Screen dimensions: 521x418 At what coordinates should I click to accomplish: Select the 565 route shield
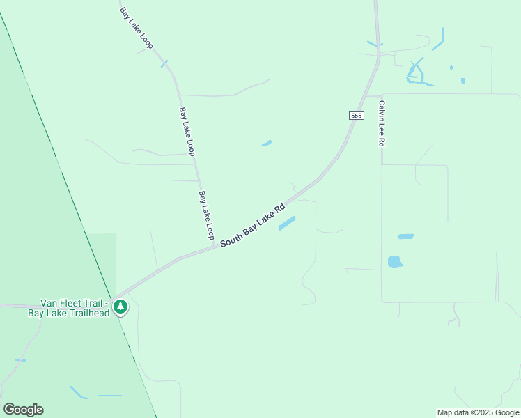point(356,116)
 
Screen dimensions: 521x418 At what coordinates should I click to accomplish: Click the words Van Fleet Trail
point(73,303)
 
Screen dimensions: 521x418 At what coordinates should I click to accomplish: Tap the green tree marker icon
point(120,307)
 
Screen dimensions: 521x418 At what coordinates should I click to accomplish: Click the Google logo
point(23,410)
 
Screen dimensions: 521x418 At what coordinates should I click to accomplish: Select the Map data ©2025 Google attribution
point(478,412)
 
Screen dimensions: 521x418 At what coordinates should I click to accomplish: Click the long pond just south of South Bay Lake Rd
point(287,224)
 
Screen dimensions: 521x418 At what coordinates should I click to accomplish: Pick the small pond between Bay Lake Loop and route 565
point(267,144)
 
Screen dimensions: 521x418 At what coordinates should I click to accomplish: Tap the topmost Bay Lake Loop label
point(137,28)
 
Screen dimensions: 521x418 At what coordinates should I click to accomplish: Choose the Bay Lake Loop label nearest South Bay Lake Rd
point(206,215)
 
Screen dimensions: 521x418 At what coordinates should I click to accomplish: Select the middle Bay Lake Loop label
point(187,131)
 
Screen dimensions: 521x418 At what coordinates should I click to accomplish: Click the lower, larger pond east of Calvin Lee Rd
point(395,262)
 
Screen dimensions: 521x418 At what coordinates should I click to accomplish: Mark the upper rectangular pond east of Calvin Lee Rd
point(405,237)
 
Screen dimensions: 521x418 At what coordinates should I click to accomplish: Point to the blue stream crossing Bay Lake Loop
point(165,64)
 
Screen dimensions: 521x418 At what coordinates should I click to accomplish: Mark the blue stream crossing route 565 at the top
point(375,45)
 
